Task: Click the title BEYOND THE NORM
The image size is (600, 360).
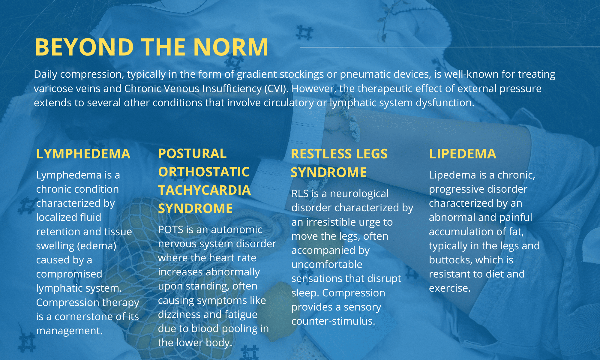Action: (x=151, y=47)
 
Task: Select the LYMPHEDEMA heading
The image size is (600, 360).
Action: (x=83, y=154)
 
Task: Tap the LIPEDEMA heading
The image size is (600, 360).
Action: (x=463, y=154)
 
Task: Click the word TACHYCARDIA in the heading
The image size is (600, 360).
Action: (x=204, y=190)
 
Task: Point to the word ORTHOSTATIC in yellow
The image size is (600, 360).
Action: (x=204, y=172)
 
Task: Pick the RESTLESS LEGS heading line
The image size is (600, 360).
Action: (x=339, y=154)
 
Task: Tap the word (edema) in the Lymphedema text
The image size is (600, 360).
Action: (x=97, y=246)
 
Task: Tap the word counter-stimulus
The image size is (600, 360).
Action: (x=333, y=321)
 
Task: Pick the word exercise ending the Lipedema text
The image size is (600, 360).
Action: (x=450, y=288)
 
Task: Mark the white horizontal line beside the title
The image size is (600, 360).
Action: (x=450, y=47)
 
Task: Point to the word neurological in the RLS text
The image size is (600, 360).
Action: (x=359, y=194)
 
